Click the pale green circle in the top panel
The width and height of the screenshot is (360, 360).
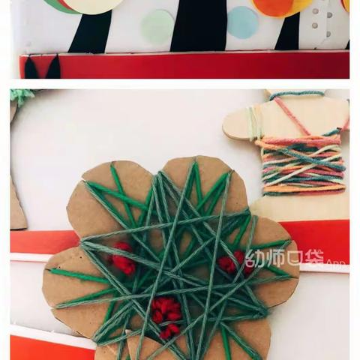point(157,24)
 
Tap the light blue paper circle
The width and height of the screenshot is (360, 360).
point(242,22)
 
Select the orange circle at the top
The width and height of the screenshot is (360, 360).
point(271,7)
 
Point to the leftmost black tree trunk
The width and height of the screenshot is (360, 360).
point(91,32)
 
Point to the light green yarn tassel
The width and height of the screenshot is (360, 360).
point(22,97)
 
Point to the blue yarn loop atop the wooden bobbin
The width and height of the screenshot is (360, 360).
point(296,95)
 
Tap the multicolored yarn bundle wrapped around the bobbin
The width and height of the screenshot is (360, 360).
point(302,165)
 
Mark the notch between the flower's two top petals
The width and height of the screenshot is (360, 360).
point(160,170)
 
